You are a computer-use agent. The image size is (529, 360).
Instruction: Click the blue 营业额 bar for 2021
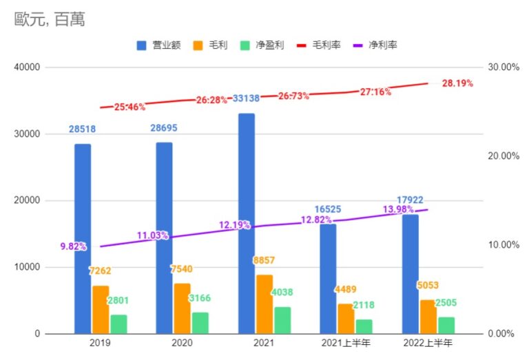click(x=246, y=224)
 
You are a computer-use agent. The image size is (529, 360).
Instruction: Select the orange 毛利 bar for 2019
click(x=101, y=309)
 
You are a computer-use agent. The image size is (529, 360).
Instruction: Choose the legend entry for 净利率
click(x=375, y=45)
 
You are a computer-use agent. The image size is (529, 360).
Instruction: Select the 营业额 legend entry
click(x=159, y=45)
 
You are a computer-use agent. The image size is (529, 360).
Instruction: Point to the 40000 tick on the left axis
click(x=27, y=67)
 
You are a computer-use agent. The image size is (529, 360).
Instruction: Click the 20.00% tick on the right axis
click(x=502, y=156)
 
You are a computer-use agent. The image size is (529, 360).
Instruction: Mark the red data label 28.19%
click(x=457, y=83)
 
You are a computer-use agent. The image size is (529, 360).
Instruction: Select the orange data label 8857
click(x=264, y=262)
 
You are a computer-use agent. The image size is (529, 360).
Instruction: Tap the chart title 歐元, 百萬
click(x=50, y=20)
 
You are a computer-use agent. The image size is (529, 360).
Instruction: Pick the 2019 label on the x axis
click(x=101, y=342)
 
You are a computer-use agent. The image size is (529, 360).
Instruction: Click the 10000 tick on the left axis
click(x=27, y=267)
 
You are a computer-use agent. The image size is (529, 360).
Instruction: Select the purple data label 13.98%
click(x=399, y=209)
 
